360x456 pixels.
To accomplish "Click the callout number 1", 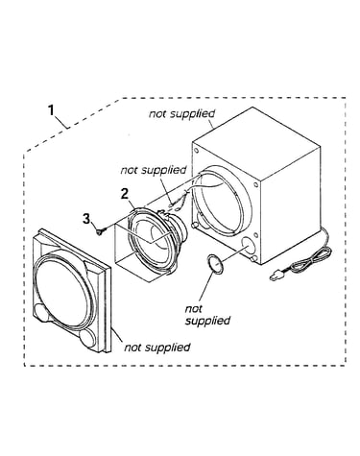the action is pos(51,110).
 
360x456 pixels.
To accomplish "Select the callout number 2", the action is pos(124,194).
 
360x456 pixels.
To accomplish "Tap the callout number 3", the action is pos(86,219).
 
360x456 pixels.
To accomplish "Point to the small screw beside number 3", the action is pos(100,231).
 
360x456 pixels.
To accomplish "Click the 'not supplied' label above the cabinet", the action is pos(181,113).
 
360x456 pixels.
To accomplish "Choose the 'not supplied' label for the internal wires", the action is pos(154,170).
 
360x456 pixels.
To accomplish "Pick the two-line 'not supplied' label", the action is pos(207,315).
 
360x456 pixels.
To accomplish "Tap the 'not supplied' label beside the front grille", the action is pos(157,347).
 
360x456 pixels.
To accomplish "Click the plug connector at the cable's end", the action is pos(275,276).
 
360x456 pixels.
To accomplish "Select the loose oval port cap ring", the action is pos(215,264).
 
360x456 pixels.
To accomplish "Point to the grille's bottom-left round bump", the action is pos(42,312).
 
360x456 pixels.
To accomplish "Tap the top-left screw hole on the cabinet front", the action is pos(197,151).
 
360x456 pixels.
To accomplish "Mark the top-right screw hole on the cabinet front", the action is pos(255,184).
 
